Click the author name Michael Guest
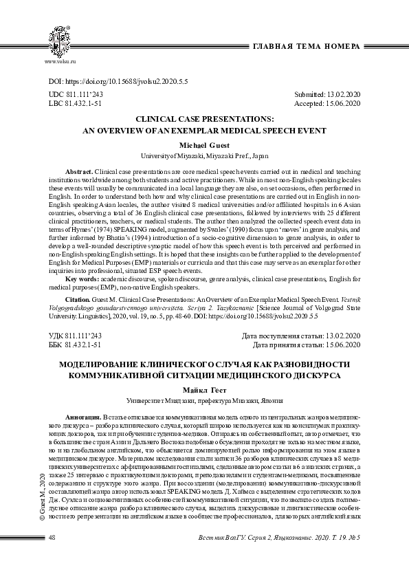click(x=203, y=146)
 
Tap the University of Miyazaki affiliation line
click(x=203, y=156)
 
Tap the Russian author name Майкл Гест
click(x=204, y=390)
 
